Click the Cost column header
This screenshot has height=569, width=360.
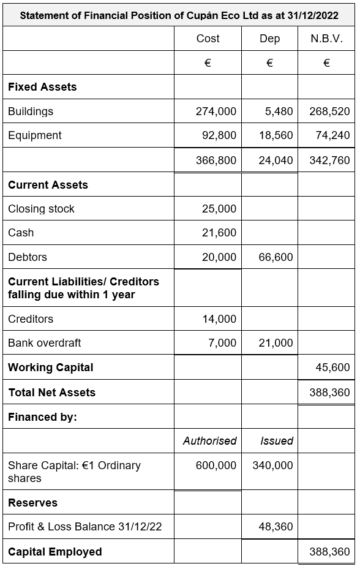pyautogui.click(x=208, y=39)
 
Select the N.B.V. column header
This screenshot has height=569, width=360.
pyautogui.click(x=326, y=39)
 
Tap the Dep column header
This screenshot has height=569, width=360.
pyautogui.click(x=269, y=39)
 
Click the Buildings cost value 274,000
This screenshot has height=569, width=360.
pyautogui.click(x=216, y=111)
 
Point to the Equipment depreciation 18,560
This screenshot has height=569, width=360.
pyautogui.click(x=276, y=135)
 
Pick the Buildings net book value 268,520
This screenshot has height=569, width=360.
pyautogui.click(x=329, y=111)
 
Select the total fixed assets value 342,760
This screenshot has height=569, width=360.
pyautogui.click(x=329, y=160)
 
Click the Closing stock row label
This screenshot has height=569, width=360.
pyautogui.click(x=41, y=209)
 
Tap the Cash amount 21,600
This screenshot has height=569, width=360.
pyautogui.click(x=219, y=233)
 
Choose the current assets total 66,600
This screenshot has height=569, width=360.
pyautogui.click(x=276, y=257)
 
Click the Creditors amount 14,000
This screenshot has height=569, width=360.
pyautogui.click(x=219, y=319)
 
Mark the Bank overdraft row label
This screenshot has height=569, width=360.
pyautogui.click(x=44, y=343)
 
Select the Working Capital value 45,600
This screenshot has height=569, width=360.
pyautogui.click(x=332, y=367)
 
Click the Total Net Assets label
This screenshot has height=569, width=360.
pyautogui.click(x=51, y=393)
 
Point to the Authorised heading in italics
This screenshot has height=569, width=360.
pyautogui.click(x=209, y=441)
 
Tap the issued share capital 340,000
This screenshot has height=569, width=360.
pyautogui.click(x=272, y=465)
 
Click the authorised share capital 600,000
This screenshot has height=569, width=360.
pyautogui.click(x=216, y=465)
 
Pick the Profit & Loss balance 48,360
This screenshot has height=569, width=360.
pyautogui.click(x=276, y=527)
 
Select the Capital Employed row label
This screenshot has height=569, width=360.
pyautogui.click(x=54, y=552)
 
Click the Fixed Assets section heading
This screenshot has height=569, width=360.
pyautogui.click(x=42, y=87)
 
